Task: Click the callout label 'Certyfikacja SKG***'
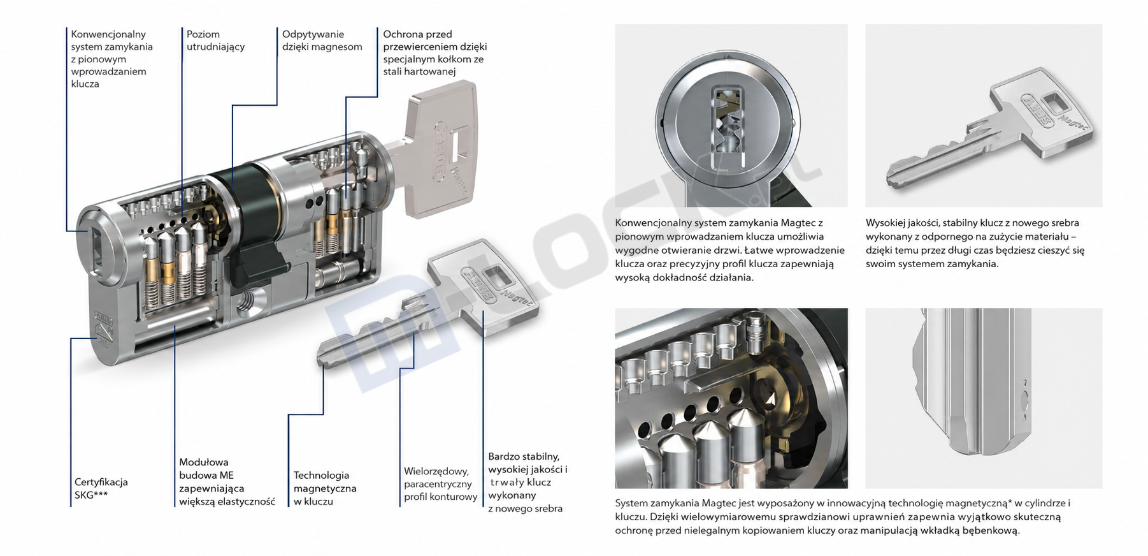101,488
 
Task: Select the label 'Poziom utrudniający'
215,40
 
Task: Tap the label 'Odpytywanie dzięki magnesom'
322,40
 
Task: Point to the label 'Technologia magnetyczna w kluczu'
325,488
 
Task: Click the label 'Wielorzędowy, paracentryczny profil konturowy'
441,484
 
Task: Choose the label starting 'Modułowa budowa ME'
227,481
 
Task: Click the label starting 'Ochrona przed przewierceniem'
435,53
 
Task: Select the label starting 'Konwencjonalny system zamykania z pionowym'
112,59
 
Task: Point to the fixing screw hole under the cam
244,300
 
